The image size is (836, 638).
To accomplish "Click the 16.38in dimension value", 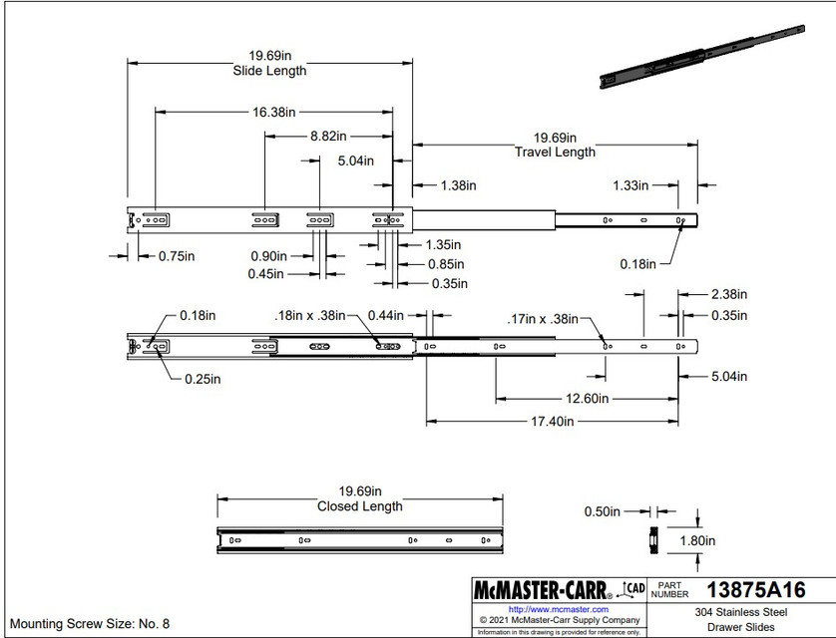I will tap(274, 113).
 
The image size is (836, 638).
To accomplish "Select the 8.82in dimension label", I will tap(328, 136).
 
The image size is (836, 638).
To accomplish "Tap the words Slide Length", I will tap(269, 71).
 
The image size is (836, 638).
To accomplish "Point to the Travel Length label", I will tap(555, 152).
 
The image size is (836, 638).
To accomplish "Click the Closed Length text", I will tap(360, 506).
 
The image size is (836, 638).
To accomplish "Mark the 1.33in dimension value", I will tap(629, 185).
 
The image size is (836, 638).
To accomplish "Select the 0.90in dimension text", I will tap(268, 255).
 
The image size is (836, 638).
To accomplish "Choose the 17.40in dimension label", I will tap(553, 422).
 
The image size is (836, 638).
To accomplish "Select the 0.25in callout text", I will tap(201, 379).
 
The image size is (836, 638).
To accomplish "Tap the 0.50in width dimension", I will tap(603, 511).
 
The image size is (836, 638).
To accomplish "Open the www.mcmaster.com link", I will tap(558, 608).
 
